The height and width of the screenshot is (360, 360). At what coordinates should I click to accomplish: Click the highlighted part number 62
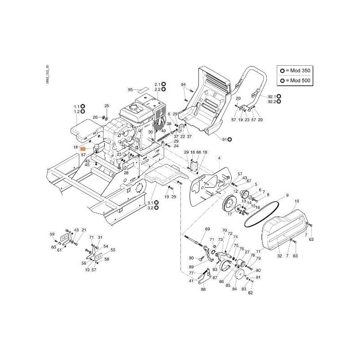83,148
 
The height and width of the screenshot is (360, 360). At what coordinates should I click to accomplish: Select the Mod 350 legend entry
296,71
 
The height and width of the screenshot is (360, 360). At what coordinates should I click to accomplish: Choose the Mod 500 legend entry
296,81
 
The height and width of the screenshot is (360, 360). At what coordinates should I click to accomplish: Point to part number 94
183,85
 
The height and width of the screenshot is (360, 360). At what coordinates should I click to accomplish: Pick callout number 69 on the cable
207,229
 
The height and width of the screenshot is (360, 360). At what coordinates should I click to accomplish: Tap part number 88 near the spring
203,289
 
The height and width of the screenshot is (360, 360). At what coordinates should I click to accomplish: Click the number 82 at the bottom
251,293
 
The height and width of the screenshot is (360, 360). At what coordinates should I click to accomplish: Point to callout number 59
52,234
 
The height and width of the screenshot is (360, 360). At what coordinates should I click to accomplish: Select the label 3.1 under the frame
151,203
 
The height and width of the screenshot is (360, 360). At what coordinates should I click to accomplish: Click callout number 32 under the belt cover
279,256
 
